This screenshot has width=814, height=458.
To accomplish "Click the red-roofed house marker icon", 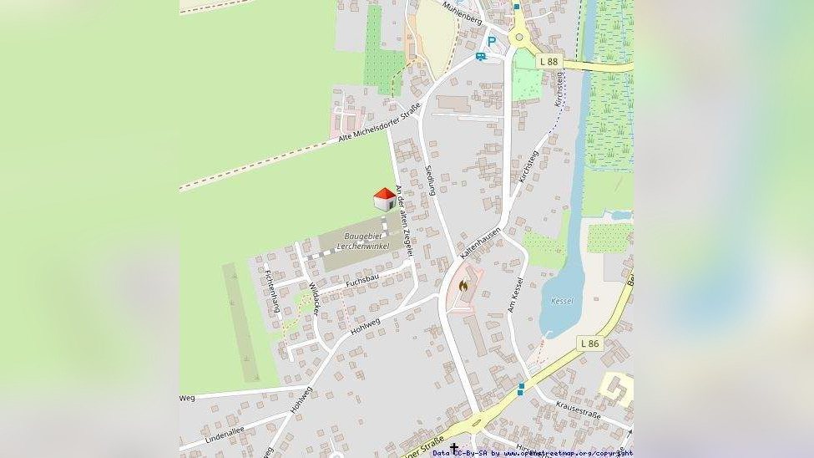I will (384, 199).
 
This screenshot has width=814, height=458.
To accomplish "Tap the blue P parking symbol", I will (492, 41).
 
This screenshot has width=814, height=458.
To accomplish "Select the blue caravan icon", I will (481, 56).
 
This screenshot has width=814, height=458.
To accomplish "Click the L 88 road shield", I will (548, 61).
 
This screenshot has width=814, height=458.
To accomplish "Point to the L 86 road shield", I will (589, 343).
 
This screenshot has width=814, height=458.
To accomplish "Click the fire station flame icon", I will (464, 287).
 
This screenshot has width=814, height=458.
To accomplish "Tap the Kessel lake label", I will (562, 301).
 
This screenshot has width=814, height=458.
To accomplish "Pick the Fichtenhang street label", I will (270, 291).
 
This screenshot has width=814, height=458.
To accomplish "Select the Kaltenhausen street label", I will (480, 242).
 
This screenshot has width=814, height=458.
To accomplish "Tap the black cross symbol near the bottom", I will (454, 449).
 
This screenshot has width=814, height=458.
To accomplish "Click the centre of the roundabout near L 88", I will (521, 37).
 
